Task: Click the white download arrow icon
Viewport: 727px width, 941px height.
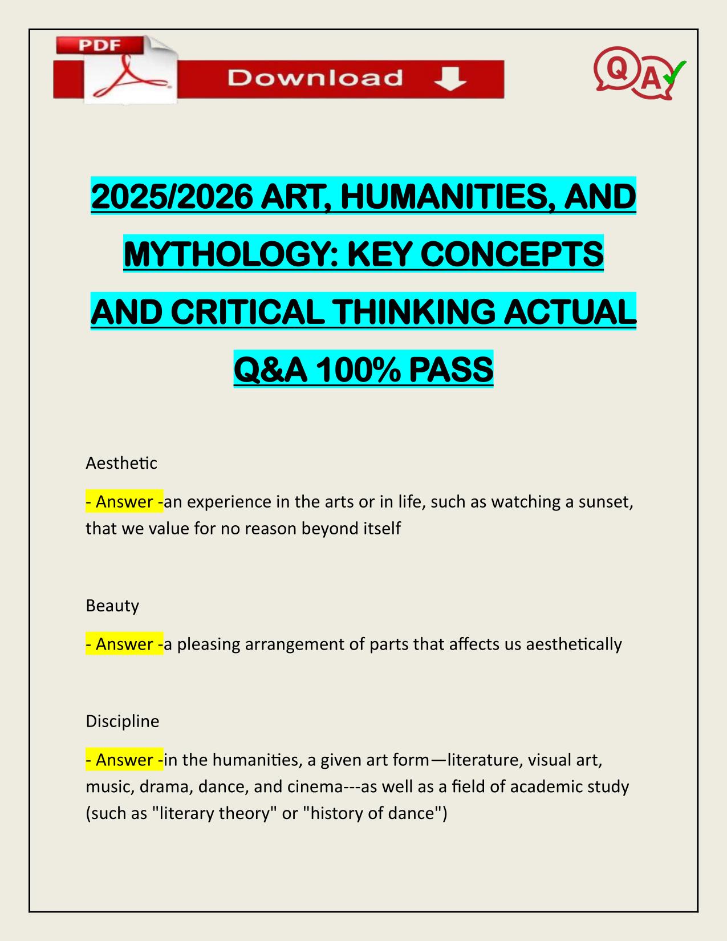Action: [x=450, y=78]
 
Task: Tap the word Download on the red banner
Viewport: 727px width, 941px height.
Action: [x=315, y=78]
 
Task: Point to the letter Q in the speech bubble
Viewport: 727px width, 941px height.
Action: [x=615, y=68]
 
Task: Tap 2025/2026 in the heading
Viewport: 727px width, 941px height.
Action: [x=171, y=197]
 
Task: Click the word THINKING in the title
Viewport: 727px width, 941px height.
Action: [x=406, y=312]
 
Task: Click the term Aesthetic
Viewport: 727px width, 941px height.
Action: [x=121, y=463]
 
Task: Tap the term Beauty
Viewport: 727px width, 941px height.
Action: [x=112, y=605]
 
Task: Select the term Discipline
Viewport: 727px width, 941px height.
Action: [x=122, y=721]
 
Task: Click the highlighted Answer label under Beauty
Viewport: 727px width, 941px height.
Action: [x=124, y=644]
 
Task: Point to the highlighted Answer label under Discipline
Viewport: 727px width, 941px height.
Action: [x=124, y=760]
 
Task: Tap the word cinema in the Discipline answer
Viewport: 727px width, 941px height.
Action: [x=314, y=786]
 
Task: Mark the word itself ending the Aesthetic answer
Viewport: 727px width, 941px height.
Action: [x=381, y=528]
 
